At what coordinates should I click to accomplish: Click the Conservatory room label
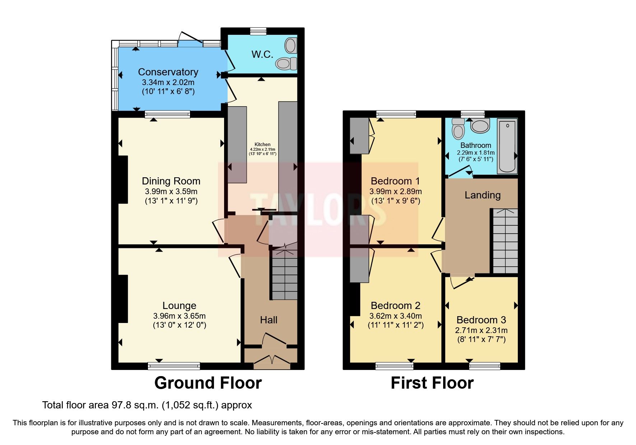click(x=168, y=72)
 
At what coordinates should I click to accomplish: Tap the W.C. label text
click(x=262, y=55)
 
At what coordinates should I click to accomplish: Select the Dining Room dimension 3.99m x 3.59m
click(x=171, y=192)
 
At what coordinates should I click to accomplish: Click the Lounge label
click(x=179, y=306)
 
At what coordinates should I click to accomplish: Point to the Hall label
click(x=269, y=320)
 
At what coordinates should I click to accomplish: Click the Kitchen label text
click(x=263, y=144)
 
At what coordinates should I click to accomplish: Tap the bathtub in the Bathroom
click(x=507, y=146)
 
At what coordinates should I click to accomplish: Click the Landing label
click(x=482, y=195)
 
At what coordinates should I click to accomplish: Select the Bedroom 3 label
click(x=481, y=320)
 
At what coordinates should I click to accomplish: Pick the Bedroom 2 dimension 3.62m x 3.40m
click(x=395, y=316)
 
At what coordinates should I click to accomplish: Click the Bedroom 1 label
click(x=395, y=181)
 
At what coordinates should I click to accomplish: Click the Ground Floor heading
click(x=208, y=383)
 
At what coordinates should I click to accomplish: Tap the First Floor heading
click(x=432, y=383)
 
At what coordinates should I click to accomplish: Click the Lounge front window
click(x=174, y=366)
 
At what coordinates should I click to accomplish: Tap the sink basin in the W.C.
click(x=290, y=46)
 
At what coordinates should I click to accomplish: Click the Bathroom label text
click(x=475, y=145)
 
